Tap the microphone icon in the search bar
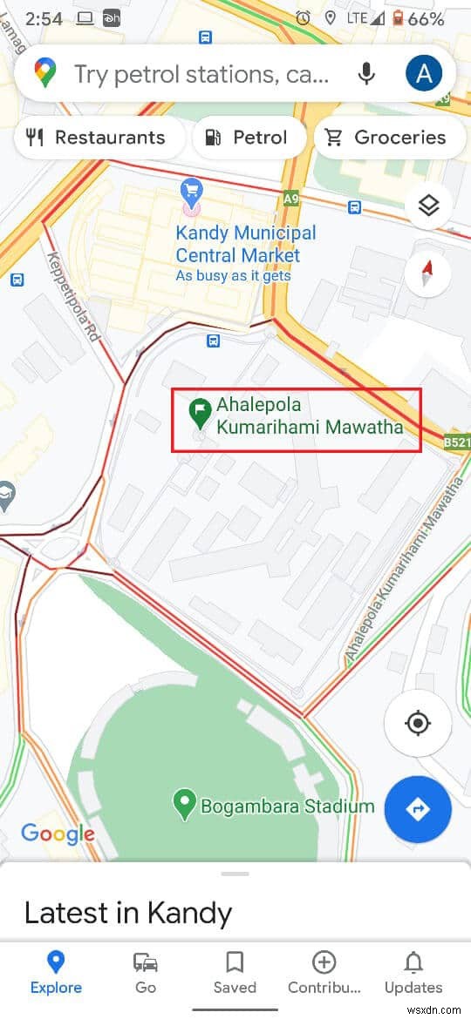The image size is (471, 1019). [367, 74]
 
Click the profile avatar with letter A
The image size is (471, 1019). [424, 74]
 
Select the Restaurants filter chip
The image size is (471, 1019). [98, 138]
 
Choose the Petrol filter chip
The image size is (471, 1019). [249, 138]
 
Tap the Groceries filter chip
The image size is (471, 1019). [386, 138]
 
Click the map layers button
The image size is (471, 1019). [427, 206]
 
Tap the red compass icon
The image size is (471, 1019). [427, 273]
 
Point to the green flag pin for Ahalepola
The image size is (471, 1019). [201, 414]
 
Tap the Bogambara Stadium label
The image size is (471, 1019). [287, 806]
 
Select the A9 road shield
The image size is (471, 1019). [291, 199]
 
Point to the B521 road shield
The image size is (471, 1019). [456, 442]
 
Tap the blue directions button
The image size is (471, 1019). [418, 809]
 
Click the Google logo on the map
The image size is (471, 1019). [58, 833]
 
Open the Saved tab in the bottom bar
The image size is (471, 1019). [235, 972]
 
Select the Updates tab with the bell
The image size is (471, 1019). [413, 972]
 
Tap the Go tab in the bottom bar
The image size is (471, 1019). [146, 972]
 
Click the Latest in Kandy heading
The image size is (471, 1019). [128, 913]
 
